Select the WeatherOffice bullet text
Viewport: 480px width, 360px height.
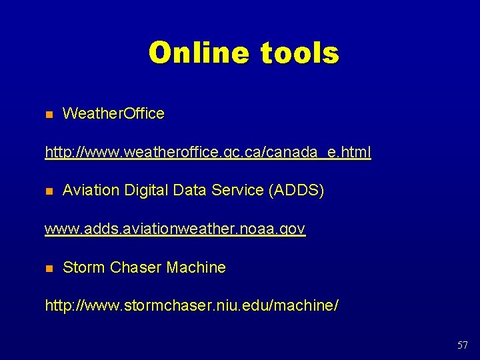113,114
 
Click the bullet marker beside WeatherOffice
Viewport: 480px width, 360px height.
49,114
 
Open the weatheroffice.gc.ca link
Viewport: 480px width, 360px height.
207,153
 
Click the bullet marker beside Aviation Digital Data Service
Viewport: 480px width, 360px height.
49,191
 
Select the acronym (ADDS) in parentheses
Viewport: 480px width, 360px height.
296,191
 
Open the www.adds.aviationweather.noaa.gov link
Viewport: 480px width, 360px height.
175,229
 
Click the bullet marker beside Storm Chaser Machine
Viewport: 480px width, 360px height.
49,269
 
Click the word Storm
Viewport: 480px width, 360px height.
84,268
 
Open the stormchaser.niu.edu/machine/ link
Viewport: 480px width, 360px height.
191,307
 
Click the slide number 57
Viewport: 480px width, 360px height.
463,345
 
